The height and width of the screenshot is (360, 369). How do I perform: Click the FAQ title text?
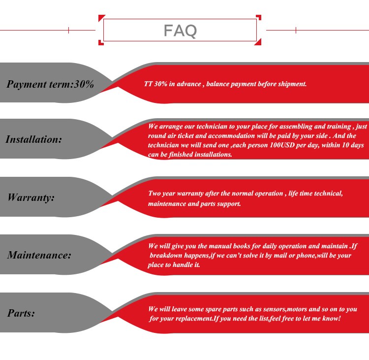pyautogui.click(x=180, y=31)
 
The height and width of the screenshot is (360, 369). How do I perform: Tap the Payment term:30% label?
pyautogui.click(x=50, y=84)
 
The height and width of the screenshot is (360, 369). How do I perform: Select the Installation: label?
pyautogui.click(x=33, y=139)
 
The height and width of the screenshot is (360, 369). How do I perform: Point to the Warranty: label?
pyautogui.click(x=31, y=197)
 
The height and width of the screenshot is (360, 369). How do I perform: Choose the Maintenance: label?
pyautogui.click(x=39, y=255)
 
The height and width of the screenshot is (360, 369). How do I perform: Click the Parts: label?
pyautogui.click(x=21, y=313)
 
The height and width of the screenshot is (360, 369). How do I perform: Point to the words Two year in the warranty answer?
pyautogui.click(x=162, y=194)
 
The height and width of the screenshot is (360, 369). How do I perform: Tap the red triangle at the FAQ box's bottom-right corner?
pyautogui.click(x=258, y=42)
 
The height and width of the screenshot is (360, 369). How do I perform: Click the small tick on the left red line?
pyautogui.click(x=68, y=30)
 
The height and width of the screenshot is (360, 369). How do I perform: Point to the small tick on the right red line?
pyautogui.click(x=296, y=30)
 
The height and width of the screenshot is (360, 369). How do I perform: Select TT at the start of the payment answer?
pyautogui.click(x=148, y=84)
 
